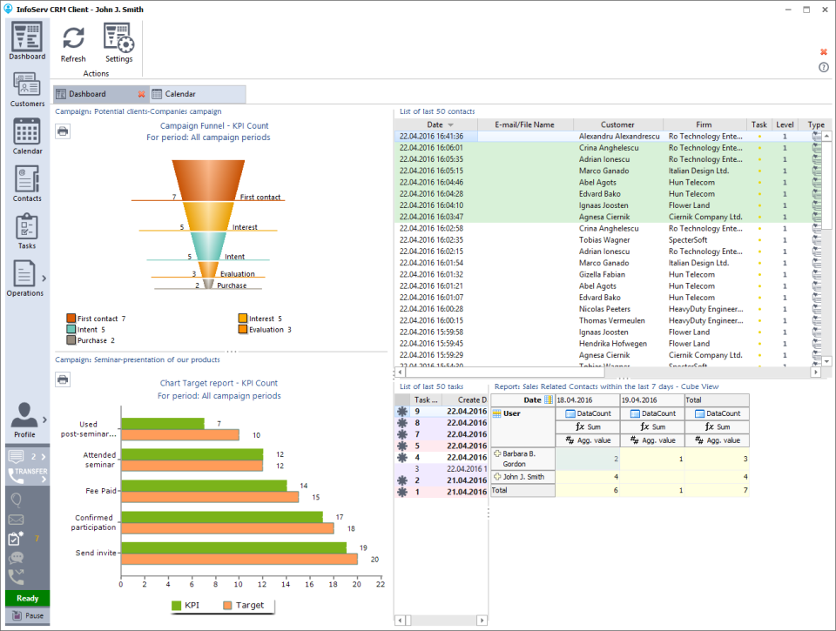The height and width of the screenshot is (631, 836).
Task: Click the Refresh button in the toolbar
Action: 73,43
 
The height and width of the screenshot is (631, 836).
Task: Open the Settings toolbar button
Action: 118,43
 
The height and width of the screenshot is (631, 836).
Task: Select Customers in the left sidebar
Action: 27,91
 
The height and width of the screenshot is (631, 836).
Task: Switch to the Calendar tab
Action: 180,94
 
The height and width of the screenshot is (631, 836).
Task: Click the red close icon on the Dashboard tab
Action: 141,94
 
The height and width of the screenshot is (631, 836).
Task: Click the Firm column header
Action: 704,124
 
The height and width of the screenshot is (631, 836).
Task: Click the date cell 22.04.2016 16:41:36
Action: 432,137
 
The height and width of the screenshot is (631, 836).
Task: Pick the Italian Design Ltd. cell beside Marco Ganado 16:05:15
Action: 698,171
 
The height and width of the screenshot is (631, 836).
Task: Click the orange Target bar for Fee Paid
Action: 210,497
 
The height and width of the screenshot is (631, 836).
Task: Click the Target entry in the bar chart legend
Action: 248,606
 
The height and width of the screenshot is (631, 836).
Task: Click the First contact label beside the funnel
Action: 260,198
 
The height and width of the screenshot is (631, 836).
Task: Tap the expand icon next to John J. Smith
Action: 497,476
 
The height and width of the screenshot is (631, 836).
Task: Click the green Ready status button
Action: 27,598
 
